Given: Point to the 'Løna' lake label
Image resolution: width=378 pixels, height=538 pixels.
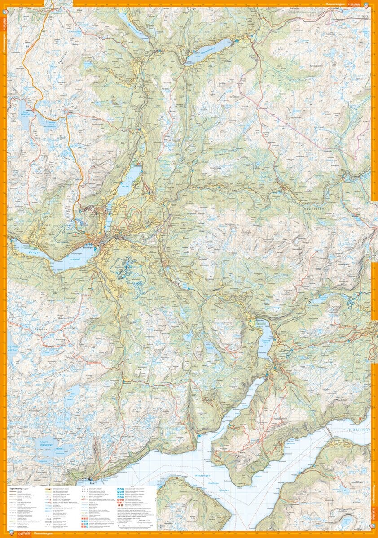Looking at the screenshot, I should [x=131, y=178].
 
